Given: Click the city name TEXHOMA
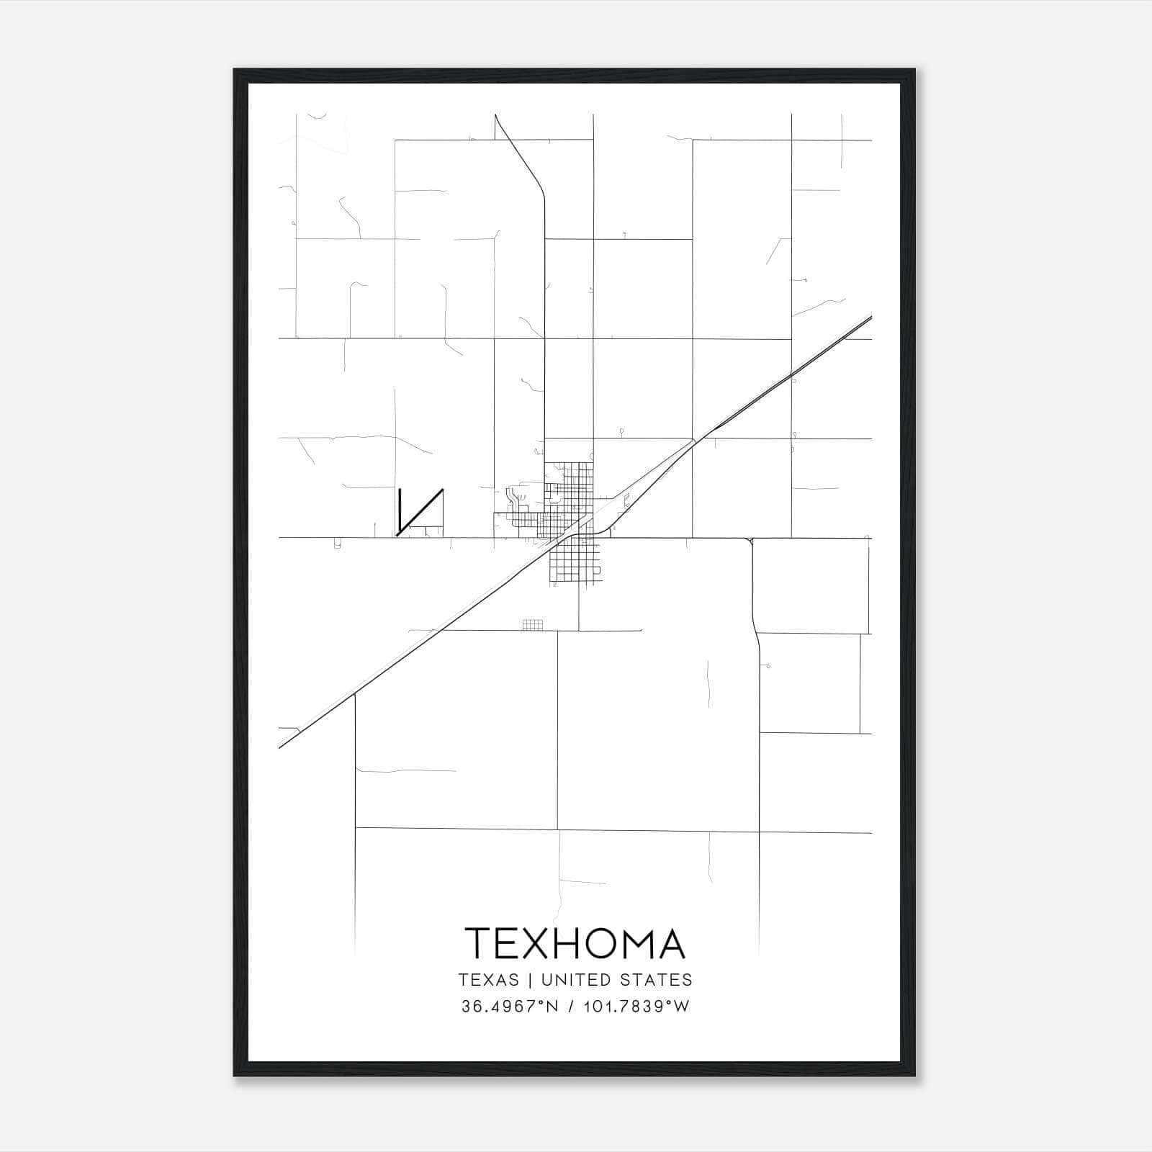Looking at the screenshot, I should click(575, 943).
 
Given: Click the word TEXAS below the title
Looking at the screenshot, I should click(488, 980).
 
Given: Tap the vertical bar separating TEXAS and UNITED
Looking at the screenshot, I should click(530, 980).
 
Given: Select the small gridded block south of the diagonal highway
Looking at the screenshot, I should click(532, 624).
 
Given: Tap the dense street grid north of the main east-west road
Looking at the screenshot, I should click(569, 490).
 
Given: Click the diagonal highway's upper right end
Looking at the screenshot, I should click(869, 318).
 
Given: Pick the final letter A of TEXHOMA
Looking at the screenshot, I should click(671, 943).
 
